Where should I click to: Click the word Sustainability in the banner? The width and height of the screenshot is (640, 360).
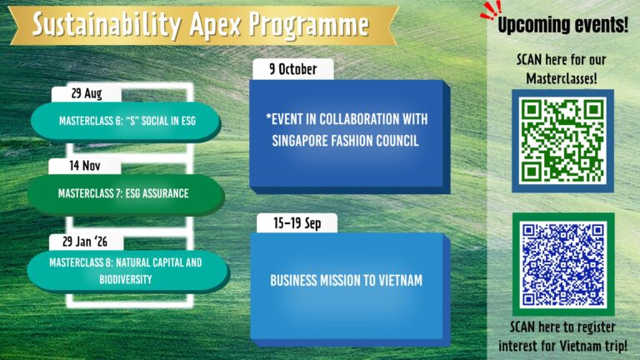coord(107,24)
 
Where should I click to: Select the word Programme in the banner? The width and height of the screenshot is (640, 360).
coord(309,25)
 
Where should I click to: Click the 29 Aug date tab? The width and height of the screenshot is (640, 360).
coord(87,93)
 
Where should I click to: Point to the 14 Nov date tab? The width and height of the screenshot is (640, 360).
coord(84,166)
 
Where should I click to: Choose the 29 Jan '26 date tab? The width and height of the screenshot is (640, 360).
coord(86,242)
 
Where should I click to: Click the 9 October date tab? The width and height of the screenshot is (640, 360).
coord(293,69)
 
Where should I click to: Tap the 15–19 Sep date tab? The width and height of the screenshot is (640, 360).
coord(297,223)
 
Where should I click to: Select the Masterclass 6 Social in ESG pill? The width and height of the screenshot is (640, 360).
coord(126,121)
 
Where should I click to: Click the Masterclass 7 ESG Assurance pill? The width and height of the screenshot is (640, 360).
coord(126,194)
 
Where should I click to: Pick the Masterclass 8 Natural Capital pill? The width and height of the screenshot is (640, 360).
coord(127,271)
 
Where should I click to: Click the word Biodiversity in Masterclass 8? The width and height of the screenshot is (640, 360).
coord(126,280)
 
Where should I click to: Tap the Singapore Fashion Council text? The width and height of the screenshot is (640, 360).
coord(345,141)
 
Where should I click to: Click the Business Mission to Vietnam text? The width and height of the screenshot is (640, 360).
coord(346,280)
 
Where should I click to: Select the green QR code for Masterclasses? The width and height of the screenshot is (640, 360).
coord(562,141)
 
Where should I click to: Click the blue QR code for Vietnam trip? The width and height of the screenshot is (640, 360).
coord(563,264)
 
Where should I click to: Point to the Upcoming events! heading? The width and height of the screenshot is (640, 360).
coord(562,24)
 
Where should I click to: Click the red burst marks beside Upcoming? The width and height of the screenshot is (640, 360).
coord(491,10)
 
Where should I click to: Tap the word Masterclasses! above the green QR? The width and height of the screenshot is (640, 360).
coord(562,78)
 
